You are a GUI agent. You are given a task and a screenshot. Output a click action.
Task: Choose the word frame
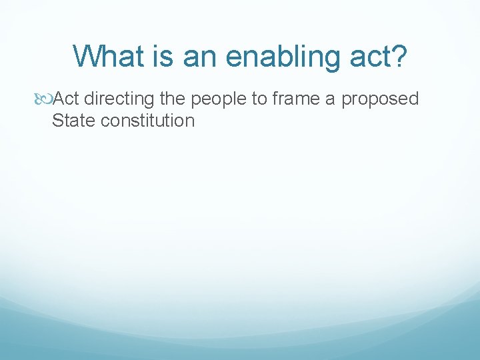click(x=289, y=99)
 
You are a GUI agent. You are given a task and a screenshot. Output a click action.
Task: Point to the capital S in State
click(x=57, y=121)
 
